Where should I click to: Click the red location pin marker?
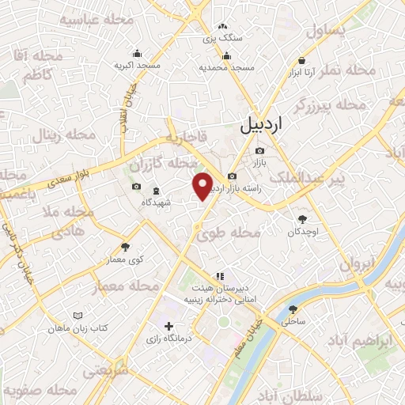tap(203, 186)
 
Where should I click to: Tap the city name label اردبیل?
tap(260, 125)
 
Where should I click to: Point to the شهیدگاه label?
tap(157, 203)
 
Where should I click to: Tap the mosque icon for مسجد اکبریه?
tap(138, 54)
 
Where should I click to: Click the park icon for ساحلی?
tap(293, 309)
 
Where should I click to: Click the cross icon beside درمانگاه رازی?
tap(168, 326)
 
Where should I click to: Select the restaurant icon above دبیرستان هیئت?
tap(220, 276)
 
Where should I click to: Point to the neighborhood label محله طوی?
tap(229, 233)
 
